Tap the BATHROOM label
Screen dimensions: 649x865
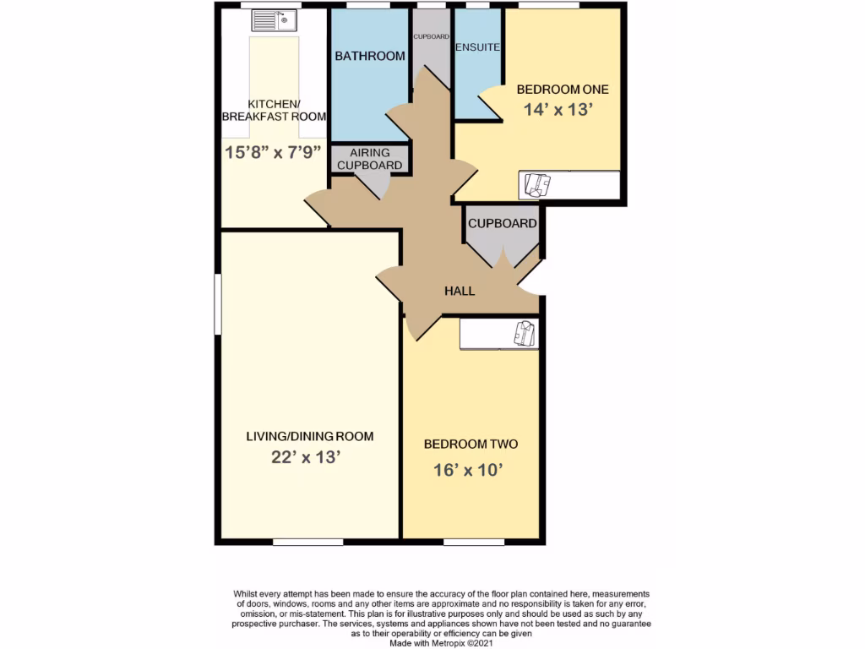370,57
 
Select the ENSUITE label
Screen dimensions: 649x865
477,47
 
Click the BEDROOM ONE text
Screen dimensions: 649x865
562,89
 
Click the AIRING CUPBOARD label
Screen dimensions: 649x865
370,159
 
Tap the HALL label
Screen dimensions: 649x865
460,291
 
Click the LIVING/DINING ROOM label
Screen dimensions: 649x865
309,437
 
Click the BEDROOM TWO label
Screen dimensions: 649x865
471,444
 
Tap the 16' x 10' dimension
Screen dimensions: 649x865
471,470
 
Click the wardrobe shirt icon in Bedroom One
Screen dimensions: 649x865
537,183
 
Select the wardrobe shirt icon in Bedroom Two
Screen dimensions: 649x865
524,333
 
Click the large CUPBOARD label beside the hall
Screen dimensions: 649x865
503,224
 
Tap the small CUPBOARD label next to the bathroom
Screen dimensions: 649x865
431,37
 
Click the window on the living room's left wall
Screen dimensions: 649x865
216,303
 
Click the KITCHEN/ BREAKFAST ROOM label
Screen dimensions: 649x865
274,110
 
